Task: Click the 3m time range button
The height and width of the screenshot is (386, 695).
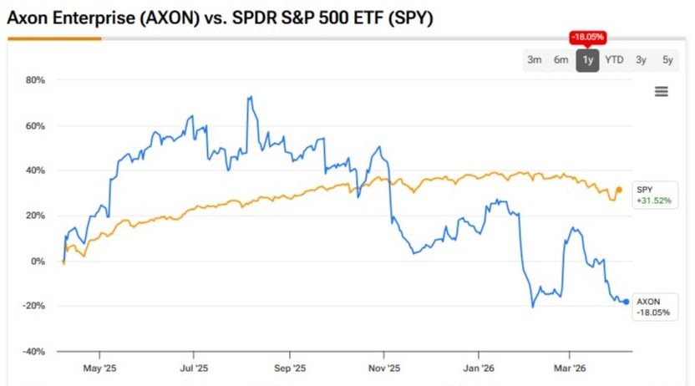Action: pyautogui.click(x=534, y=59)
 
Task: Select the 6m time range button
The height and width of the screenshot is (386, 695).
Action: pyautogui.click(x=561, y=59)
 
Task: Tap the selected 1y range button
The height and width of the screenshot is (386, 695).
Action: pyautogui.click(x=587, y=59)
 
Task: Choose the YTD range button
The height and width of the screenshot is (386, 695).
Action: pyautogui.click(x=614, y=59)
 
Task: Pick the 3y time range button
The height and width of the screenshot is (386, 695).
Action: pyautogui.click(x=641, y=59)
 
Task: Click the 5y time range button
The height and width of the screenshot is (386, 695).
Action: pyautogui.click(x=667, y=59)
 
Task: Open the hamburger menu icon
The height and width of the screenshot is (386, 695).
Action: pyautogui.click(x=661, y=91)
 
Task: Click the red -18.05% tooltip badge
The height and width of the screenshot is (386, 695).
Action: pyautogui.click(x=587, y=38)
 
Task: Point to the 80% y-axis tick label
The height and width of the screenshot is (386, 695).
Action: pyautogui.click(x=36, y=80)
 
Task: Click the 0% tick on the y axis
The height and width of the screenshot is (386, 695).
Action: pyautogui.click(x=39, y=261)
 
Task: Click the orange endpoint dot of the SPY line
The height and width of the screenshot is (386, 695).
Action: pyautogui.click(x=619, y=190)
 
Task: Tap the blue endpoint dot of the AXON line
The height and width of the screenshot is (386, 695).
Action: pyautogui.click(x=627, y=302)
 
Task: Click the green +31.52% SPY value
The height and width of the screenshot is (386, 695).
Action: pyautogui.click(x=653, y=201)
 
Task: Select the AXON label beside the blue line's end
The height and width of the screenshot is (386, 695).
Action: pyautogui.click(x=648, y=301)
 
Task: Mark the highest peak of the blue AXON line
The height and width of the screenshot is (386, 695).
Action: pyautogui.click(x=249, y=97)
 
